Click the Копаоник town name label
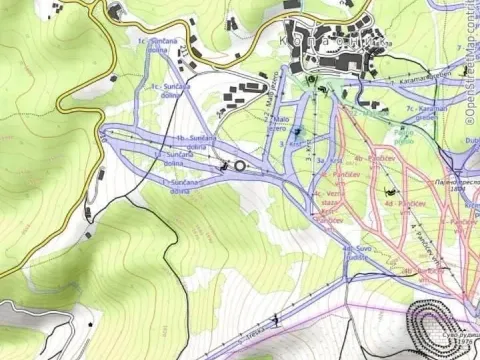pos(346,42)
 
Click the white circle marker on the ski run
pos(239,166)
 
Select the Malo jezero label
pos(275,124)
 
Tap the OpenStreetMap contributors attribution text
pos(471,60)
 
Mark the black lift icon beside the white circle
pos(224,166)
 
